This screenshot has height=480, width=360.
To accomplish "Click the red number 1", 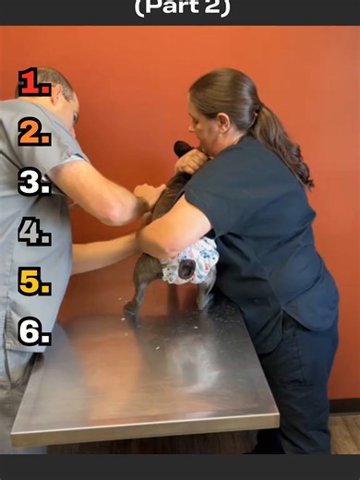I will pos(33,83).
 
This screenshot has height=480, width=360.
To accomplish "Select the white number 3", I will pos(33,182).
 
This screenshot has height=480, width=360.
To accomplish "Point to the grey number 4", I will pos(33,232).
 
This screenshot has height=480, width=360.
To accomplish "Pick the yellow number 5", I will pos(33,282).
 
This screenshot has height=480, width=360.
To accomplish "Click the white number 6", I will pos(33,331).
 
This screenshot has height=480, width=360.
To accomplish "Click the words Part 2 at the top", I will pos(182,8).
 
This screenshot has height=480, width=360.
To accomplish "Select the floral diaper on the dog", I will pos(190,261).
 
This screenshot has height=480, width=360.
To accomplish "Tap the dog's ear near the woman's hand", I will pos(182,149).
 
